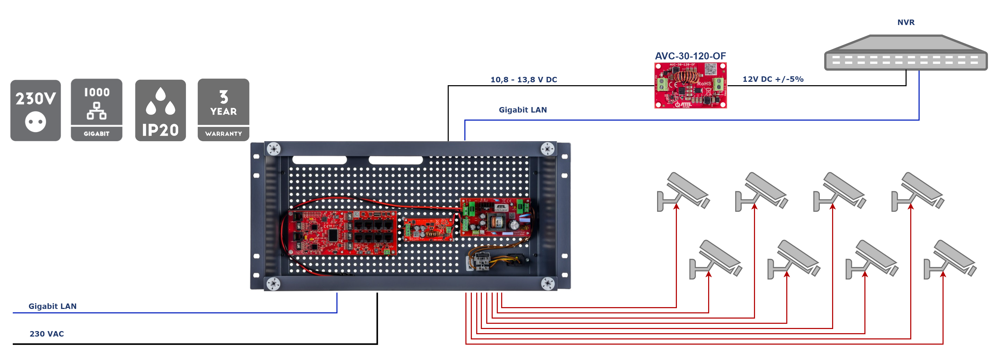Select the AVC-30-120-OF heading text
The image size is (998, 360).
click(x=690, y=56)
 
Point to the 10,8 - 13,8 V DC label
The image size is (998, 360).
click(x=523, y=80)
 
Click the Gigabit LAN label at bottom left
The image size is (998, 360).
click(x=52, y=307)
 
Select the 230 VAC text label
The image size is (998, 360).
click(x=47, y=334)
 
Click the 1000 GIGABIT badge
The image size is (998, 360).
click(x=96, y=110)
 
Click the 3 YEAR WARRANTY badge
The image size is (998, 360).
click(x=223, y=110)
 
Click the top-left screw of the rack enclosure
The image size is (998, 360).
click(x=273, y=149)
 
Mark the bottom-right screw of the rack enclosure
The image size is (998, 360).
click(x=547, y=284)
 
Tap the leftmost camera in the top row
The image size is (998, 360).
click(x=683, y=192)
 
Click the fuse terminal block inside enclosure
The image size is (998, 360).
click(x=482, y=262)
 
